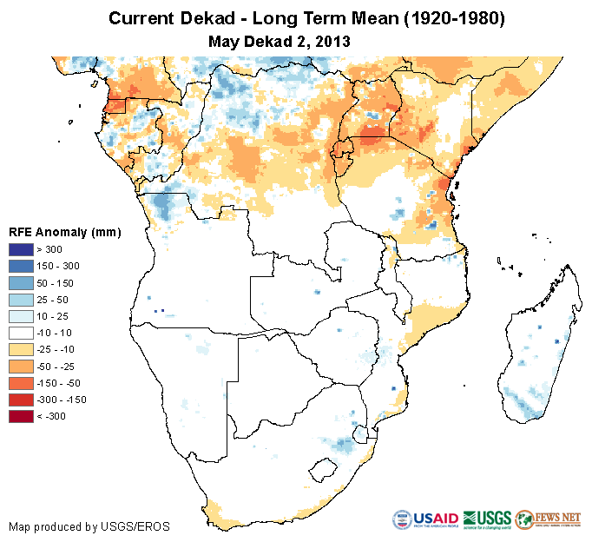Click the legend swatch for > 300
click(21, 250)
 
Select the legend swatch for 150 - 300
click(21, 267)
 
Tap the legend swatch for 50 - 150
click(21, 283)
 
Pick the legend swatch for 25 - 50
click(21, 300)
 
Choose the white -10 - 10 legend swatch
click(21, 333)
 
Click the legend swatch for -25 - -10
click(21, 349)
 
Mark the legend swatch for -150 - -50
click(21, 382)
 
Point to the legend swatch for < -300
click(21, 416)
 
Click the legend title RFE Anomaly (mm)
click(64, 233)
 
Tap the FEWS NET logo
click(548, 519)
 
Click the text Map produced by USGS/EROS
click(89, 526)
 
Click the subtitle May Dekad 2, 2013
click(280, 41)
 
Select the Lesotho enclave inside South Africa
click(324, 470)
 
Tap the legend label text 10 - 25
click(56, 316)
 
